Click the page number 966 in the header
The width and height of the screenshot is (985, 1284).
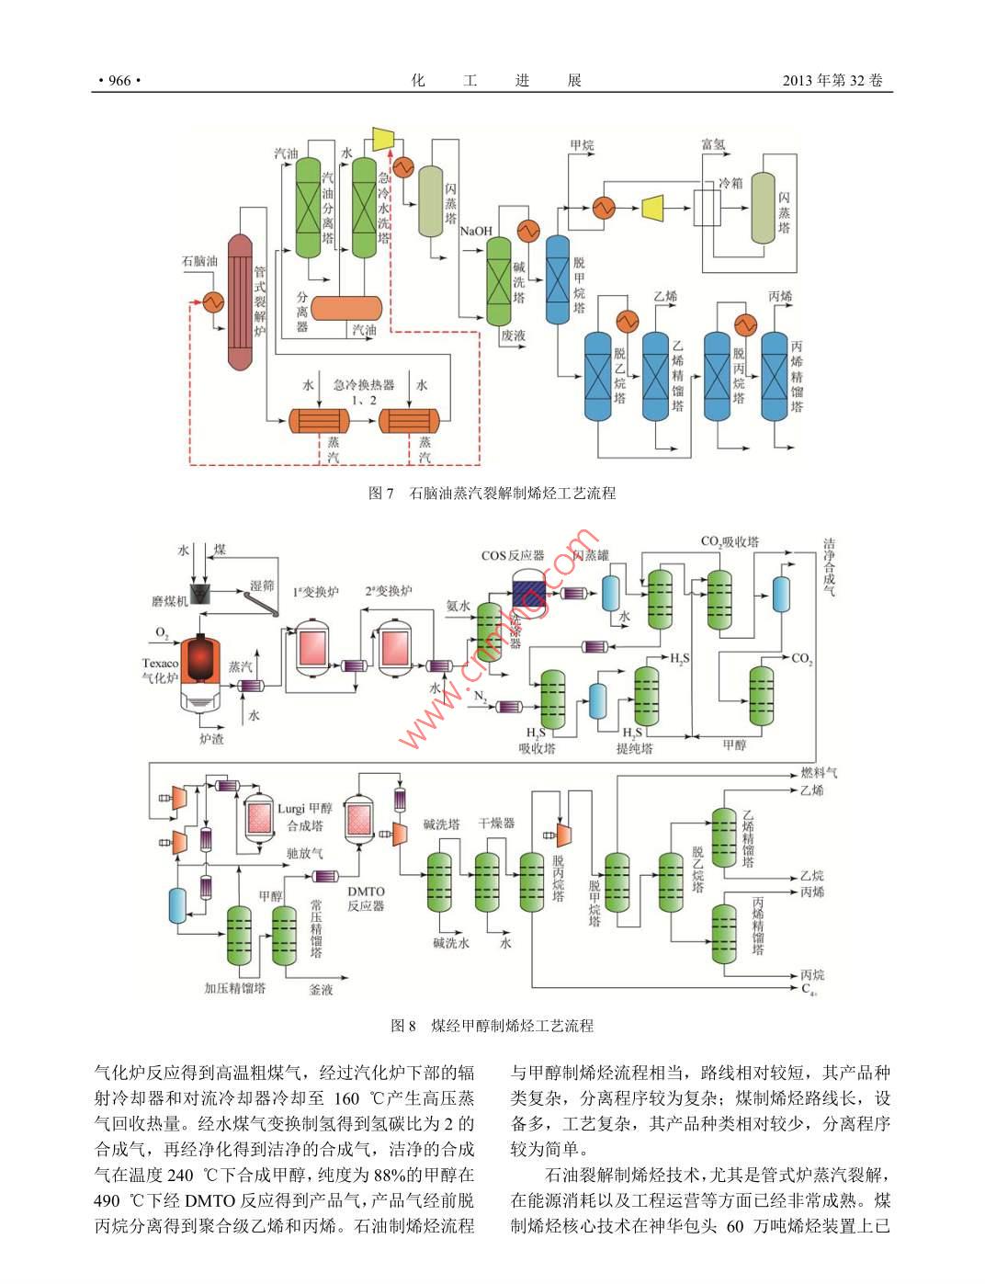tap(119, 81)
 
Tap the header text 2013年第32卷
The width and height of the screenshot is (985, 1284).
tap(832, 81)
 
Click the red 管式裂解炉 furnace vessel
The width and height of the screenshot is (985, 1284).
tap(241, 301)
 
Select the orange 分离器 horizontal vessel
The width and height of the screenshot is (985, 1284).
tap(346, 308)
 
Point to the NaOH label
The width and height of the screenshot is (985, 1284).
tap(476, 232)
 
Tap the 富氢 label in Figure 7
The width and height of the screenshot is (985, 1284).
tap(713, 144)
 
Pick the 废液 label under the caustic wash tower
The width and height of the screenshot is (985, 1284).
tap(514, 336)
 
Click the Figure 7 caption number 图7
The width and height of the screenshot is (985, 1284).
tap(380, 494)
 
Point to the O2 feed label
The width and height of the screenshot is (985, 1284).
tap(162, 633)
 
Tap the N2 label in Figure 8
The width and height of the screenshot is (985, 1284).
tap(481, 697)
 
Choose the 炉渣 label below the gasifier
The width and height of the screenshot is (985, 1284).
tap(211, 738)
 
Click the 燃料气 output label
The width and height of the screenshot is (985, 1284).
tap(818, 773)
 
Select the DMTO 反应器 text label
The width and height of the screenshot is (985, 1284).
tap(366, 898)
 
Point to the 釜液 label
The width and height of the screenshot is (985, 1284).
tap(321, 991)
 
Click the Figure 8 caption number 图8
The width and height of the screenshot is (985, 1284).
tap(403, 1026)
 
